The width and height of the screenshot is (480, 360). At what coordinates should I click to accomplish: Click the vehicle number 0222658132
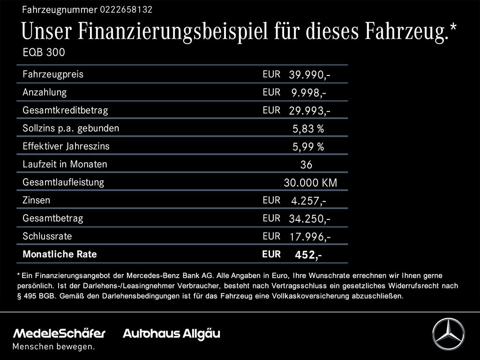coord(126,9)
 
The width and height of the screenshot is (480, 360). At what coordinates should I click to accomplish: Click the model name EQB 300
coord(44,52)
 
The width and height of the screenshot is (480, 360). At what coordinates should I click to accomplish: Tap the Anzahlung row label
coord(45,92)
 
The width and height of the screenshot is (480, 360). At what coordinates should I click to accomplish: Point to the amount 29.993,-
coord(310,111)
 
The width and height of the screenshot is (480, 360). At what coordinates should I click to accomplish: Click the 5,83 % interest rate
coord(308,129)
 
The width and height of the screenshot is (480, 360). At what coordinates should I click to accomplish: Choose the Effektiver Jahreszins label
coord(66,146)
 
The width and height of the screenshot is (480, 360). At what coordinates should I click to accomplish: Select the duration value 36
coord(306,165)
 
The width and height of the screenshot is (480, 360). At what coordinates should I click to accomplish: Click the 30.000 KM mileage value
coord(310,183)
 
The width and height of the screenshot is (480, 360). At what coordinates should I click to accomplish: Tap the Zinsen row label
coord(36,200)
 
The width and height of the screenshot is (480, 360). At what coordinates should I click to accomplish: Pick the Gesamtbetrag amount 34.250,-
coord(310,219)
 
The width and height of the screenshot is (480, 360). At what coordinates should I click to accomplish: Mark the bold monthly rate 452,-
coord(307,255)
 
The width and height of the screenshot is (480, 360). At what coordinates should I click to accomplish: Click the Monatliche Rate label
coord(60,255)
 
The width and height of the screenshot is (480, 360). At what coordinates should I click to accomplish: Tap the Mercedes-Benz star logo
coord(448,334)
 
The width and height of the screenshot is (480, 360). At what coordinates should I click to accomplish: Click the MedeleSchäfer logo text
coord(59,334)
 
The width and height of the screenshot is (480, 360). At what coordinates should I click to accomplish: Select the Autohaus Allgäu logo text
coord(171,334)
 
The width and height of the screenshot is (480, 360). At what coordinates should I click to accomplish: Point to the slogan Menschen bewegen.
coord(53,347)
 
